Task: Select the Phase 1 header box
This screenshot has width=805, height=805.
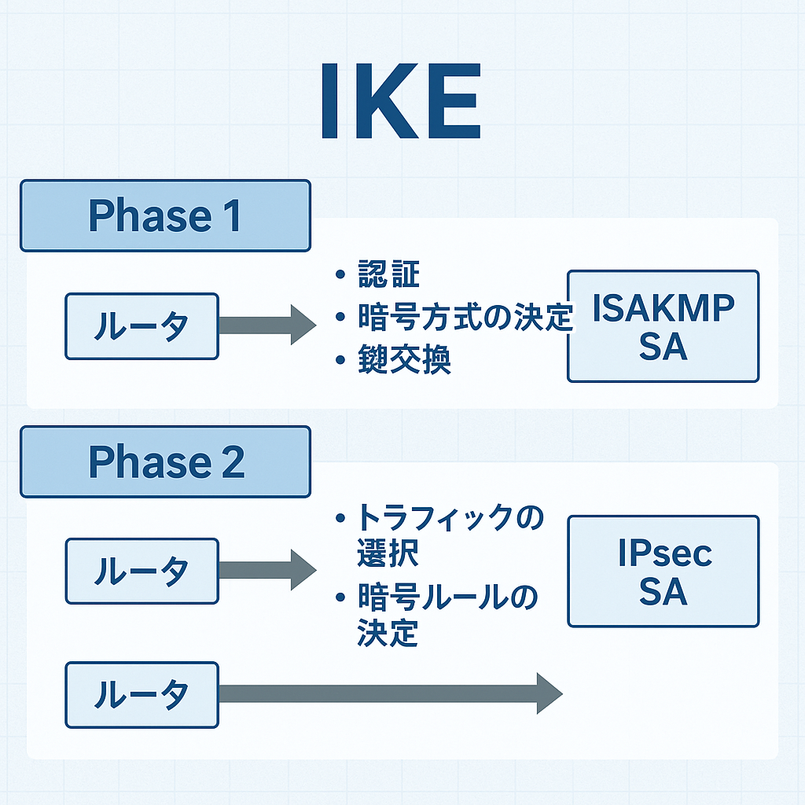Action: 165,215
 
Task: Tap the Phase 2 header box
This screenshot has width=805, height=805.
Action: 165,461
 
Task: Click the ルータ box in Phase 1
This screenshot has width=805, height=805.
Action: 142,326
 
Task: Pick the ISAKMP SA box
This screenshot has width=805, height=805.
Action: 663,326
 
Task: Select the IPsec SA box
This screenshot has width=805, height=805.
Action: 663,572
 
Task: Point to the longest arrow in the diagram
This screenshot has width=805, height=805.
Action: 389,693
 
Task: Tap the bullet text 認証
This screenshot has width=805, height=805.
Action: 388,276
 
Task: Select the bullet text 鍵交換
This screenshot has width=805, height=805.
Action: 404,361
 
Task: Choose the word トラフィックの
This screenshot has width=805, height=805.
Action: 450,519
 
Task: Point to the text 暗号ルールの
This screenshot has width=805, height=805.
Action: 448,597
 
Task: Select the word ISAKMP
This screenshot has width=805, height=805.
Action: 663,310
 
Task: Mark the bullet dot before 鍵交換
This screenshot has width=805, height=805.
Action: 340,361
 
